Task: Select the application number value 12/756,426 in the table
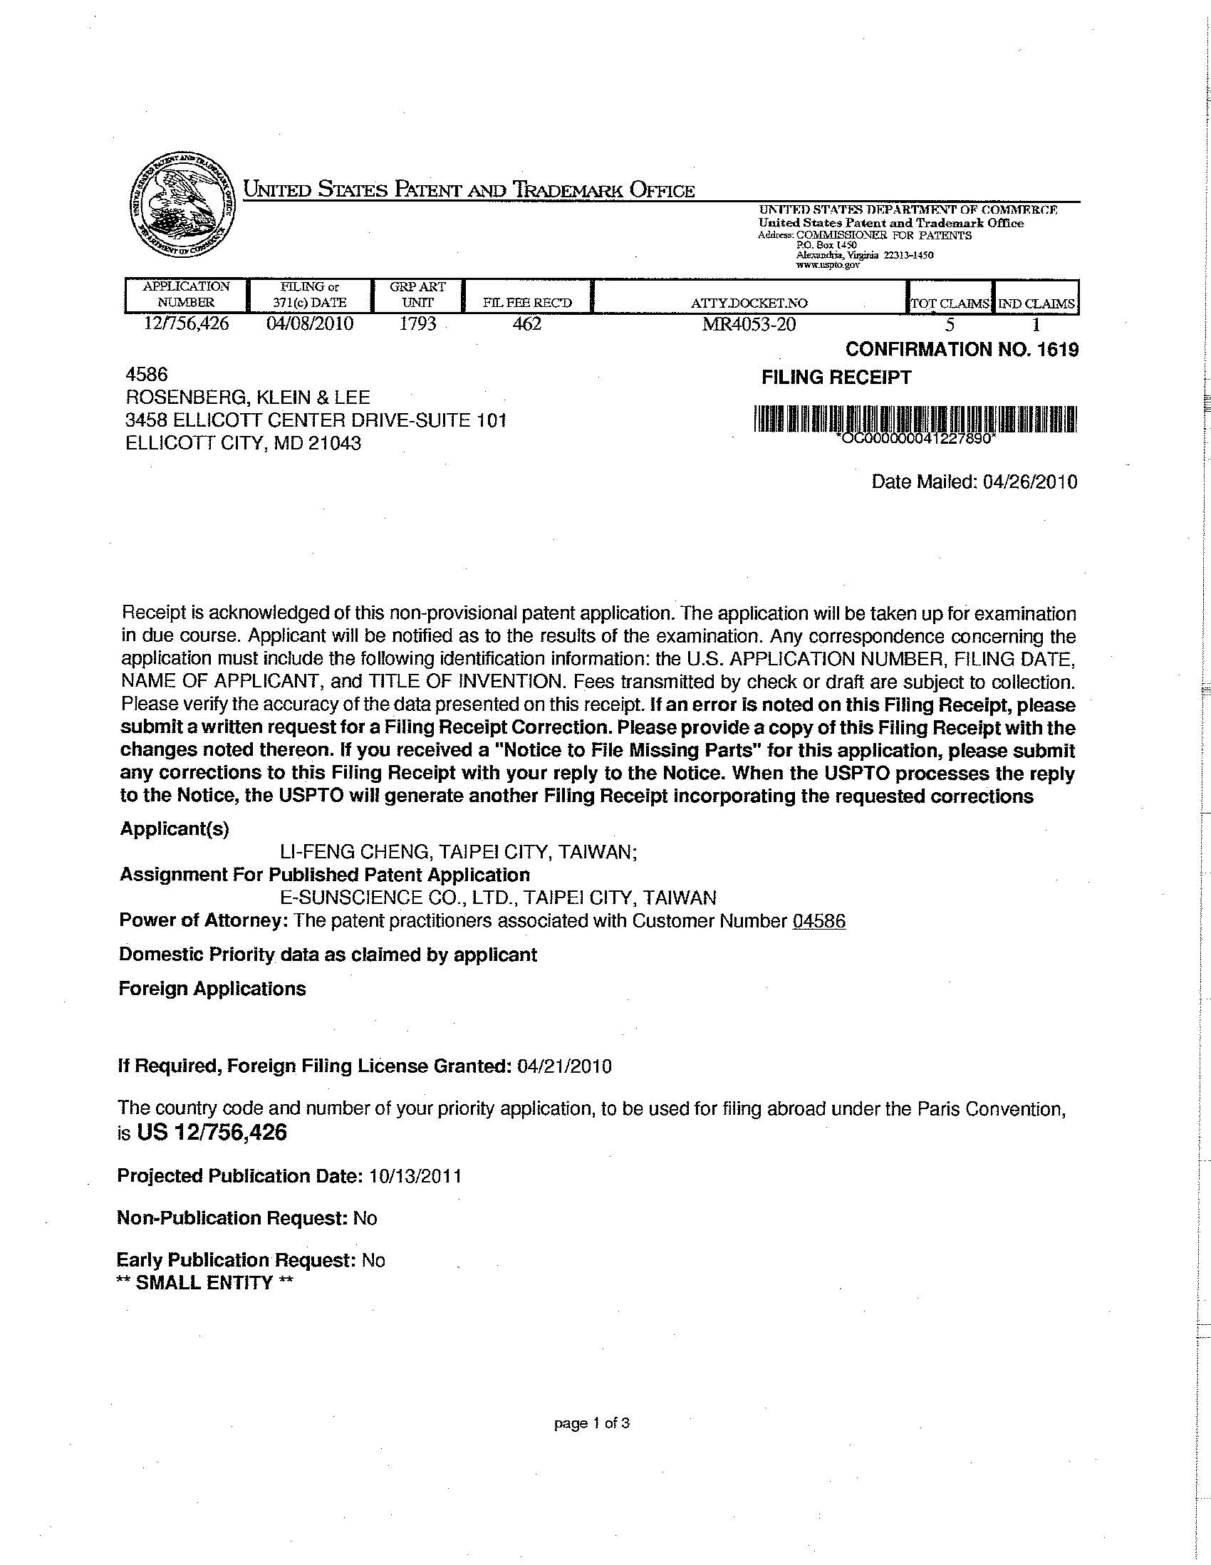187,323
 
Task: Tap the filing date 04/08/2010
310,323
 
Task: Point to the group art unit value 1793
417,323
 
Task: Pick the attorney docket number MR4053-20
749,324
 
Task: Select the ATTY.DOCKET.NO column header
749,303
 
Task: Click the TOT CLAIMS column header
950,304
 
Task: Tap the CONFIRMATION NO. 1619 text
962,350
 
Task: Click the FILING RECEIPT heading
836,378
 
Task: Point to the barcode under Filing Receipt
915,419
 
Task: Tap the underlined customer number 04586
819,921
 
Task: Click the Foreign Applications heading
212,989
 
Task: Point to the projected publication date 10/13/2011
415,1176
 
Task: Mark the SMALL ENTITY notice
205,1284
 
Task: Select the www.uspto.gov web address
828,264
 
